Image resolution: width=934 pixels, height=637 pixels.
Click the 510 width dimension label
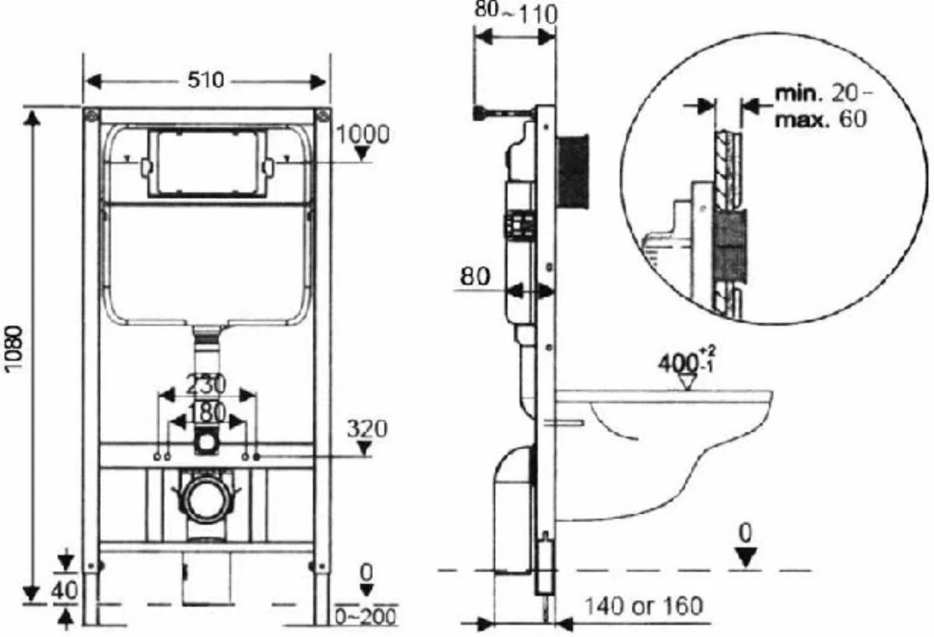pos(205,79)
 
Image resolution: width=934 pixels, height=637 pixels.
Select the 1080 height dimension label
pos(16,348)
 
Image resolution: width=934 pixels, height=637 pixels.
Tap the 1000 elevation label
pos(363,135)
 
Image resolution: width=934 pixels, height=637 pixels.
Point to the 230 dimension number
pos(205,384)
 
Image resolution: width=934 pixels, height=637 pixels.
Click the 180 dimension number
pos(206,412)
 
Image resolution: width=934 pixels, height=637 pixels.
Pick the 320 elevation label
pos(367,429)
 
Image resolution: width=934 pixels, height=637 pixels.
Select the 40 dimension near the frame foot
pos(65,590)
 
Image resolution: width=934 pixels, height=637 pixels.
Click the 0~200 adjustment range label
pos(366,617)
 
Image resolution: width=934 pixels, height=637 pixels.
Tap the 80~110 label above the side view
pos(515,14)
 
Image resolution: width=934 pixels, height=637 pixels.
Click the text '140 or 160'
pos(644,606)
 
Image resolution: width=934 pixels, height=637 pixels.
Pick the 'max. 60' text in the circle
pos(820,119)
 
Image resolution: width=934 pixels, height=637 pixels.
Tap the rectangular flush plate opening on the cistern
pos(207,163)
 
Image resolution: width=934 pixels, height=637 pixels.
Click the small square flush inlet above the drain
pos(205,442)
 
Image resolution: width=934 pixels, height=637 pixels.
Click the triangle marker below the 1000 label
pos(362,154)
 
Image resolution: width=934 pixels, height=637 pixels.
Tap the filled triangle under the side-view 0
pos(746,558)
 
